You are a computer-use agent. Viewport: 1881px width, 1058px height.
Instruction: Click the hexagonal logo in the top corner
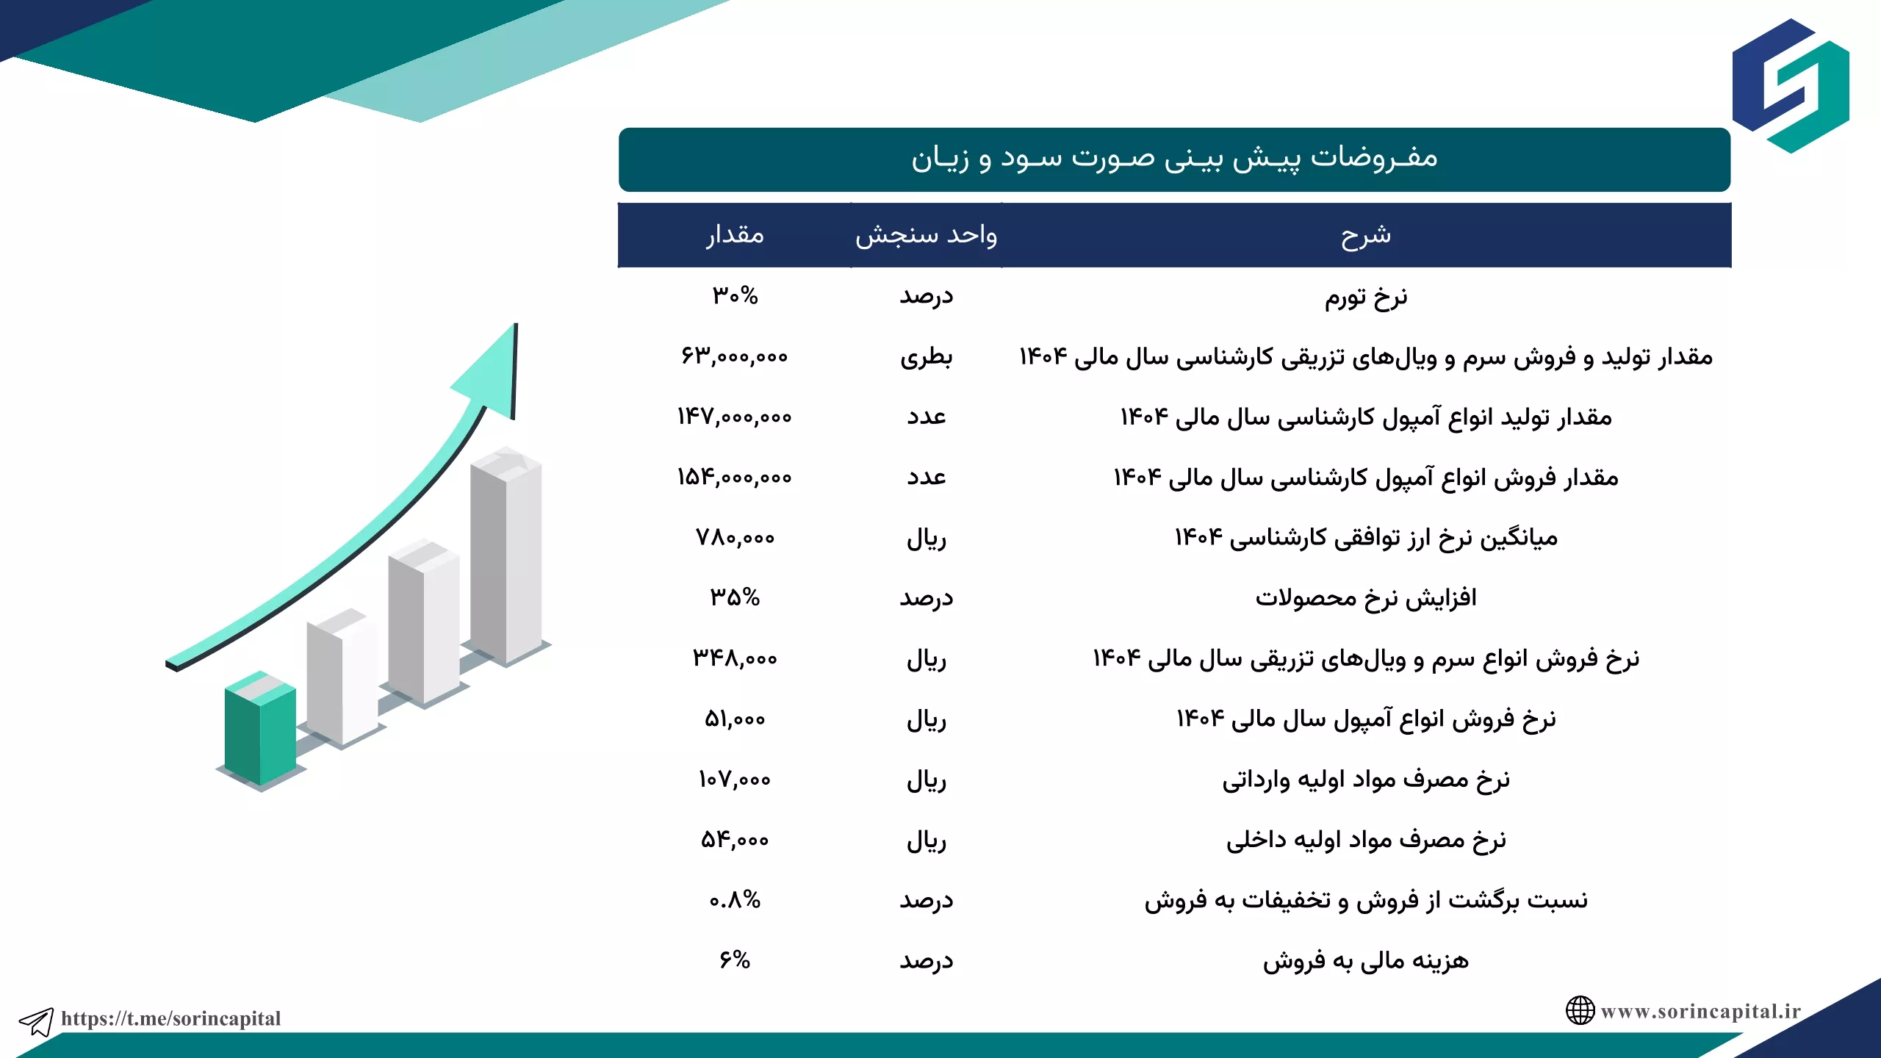tap(1791, 86)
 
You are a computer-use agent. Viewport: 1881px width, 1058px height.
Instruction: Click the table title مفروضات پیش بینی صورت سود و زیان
tap(1174, 158)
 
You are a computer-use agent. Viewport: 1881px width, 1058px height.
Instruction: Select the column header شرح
tap(1366, 235)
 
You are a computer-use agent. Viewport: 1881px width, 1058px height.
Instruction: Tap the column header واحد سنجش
tap(926, 235)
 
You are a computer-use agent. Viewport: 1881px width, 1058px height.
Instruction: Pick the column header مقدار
tap(735, 235)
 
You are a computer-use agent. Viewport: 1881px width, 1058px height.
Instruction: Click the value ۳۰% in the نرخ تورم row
tap(735, 295)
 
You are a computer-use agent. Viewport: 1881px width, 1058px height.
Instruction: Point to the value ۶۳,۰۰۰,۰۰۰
tap(735, 356)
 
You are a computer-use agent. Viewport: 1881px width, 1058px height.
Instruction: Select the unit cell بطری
tap(926, 357)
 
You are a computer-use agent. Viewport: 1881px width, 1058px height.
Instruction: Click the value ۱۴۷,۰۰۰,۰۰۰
tap(735, 417)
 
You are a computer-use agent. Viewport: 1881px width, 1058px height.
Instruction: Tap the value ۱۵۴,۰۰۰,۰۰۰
tap(735, 478)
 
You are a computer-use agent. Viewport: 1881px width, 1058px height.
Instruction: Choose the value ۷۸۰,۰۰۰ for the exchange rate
tap(735, 538)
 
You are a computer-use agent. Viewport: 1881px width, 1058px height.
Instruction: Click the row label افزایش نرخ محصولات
tap(1366, 598)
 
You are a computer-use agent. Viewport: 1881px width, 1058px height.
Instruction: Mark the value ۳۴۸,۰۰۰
tap(735, 658)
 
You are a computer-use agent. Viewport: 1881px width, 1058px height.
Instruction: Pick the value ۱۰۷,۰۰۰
tap(735, 780)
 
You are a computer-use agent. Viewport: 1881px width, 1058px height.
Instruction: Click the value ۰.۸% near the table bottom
tap(735, 900)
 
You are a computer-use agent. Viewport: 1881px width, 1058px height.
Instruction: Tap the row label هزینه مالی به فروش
tap(1366, 961)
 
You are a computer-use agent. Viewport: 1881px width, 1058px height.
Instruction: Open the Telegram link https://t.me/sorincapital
tap(170, 1018)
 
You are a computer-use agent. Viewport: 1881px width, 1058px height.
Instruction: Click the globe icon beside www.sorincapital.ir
tap(1580, 1011)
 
